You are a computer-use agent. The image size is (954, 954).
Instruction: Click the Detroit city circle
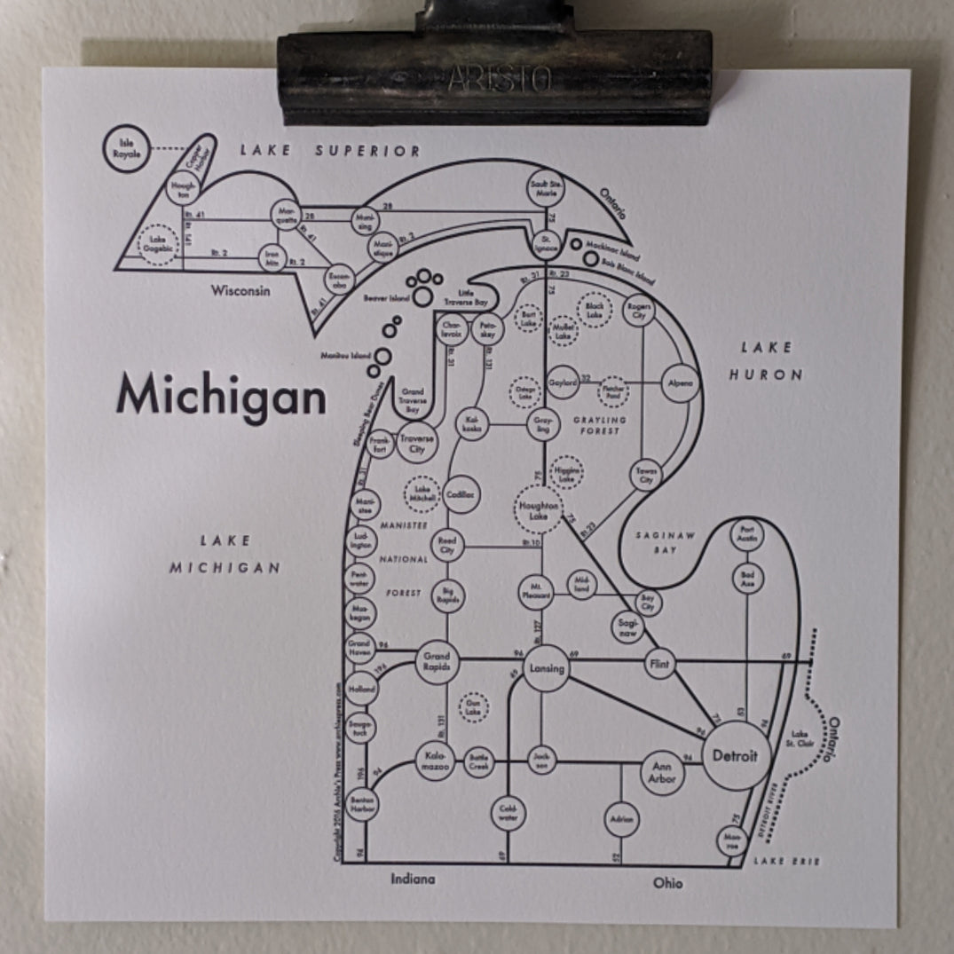pos(735,756)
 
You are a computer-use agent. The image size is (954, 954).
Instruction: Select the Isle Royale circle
pos(126,147)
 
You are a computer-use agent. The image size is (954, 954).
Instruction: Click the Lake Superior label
pos(330,151)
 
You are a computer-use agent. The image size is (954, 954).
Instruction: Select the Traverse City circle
pos(416,444)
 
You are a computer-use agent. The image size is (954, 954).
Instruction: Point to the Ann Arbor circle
pos(663,773)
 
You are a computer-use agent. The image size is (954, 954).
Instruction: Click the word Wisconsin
pos(240,290)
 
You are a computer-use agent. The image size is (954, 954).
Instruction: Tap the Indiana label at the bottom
pos(414,879)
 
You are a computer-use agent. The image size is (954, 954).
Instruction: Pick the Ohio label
pos(668,883)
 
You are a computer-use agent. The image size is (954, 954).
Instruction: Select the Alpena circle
pos(682,383)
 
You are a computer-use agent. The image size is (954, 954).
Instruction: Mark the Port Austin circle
pos(746,535)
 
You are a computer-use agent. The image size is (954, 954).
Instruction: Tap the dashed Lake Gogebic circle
pos(159,241)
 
